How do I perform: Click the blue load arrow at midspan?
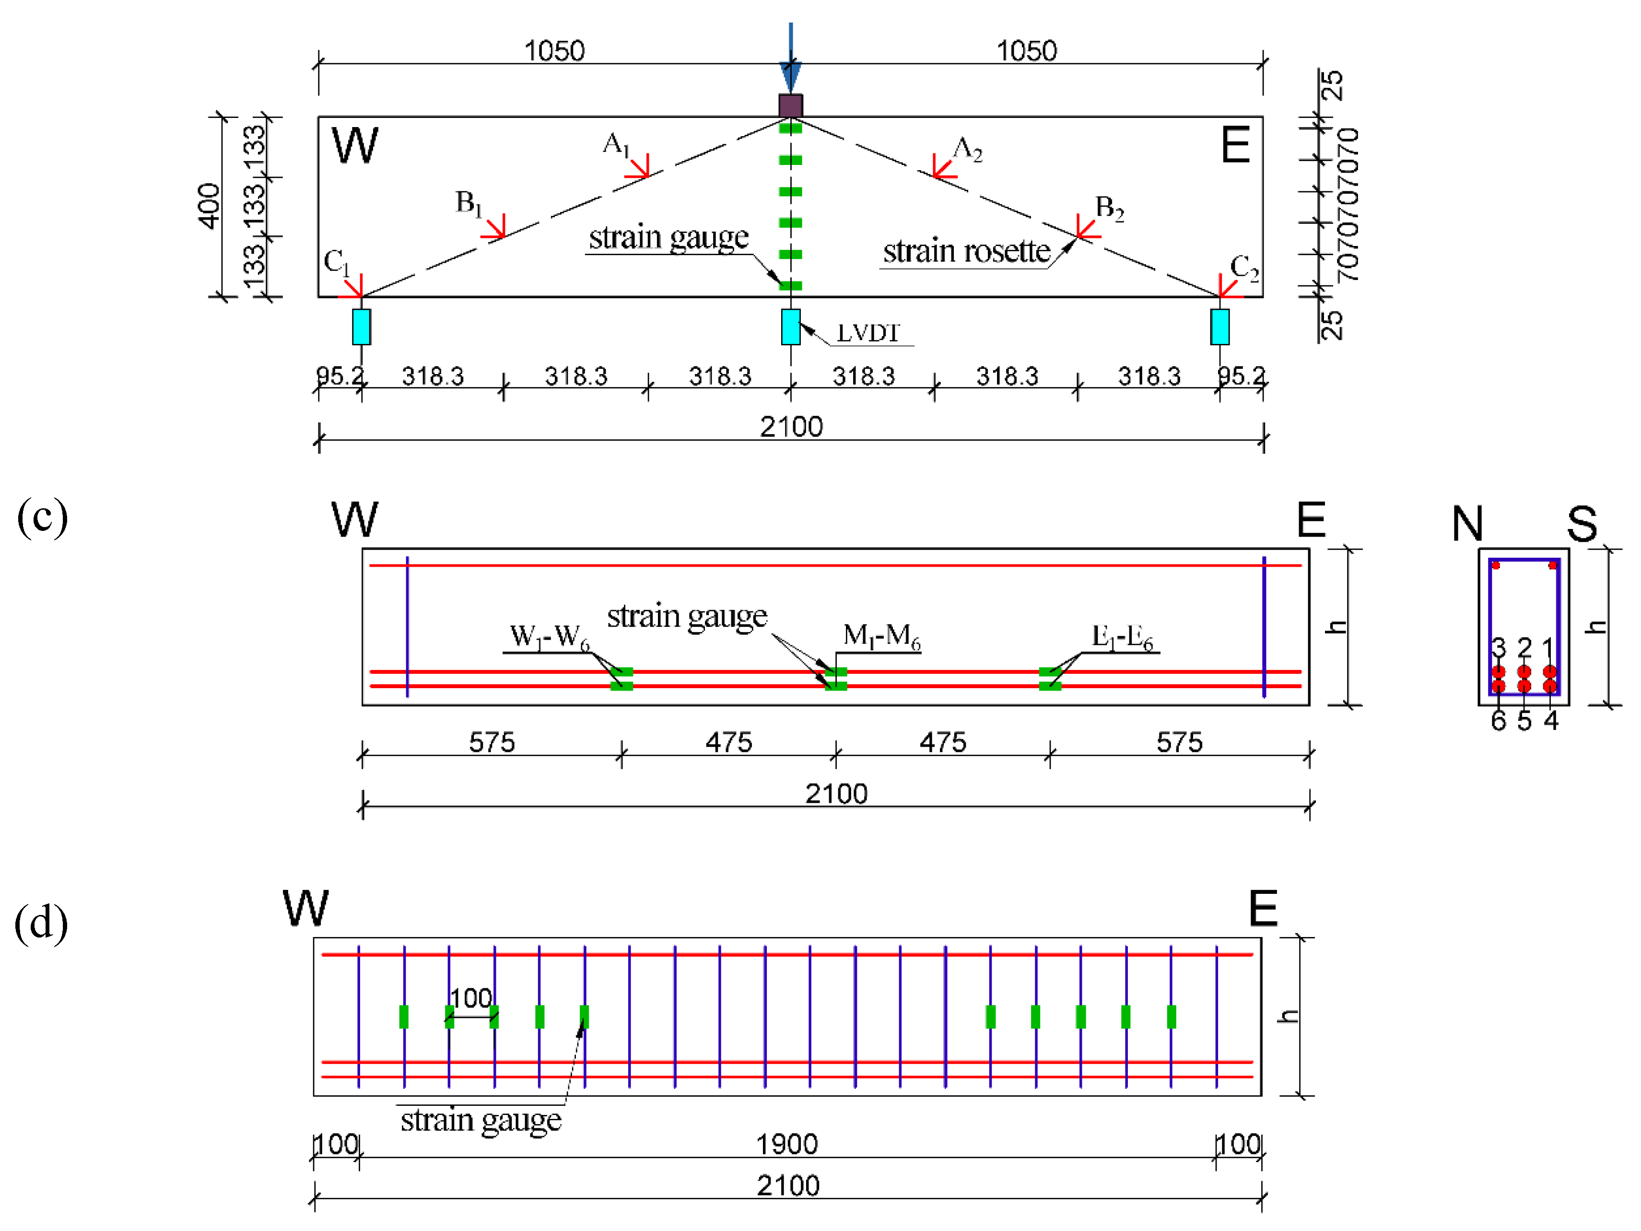[x=791, y=59]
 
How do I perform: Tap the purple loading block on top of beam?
[x=791, y=106]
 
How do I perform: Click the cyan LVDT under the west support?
[x=361, y=327]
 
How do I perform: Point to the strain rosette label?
[x=966, y=252]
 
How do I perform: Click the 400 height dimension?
[x=209, y=206]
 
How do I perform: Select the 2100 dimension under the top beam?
[x=791, y=427]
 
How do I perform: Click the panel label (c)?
[x=42, y=516]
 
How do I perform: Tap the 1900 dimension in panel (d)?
[x=786, y=1143]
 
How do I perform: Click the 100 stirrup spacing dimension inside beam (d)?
[x=471, y=998]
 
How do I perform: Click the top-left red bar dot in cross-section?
[x=1496, y=565]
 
